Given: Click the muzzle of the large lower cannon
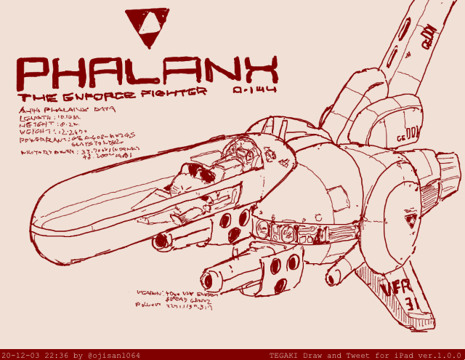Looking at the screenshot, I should [211, 279].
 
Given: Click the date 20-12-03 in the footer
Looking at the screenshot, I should [23, 355].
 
